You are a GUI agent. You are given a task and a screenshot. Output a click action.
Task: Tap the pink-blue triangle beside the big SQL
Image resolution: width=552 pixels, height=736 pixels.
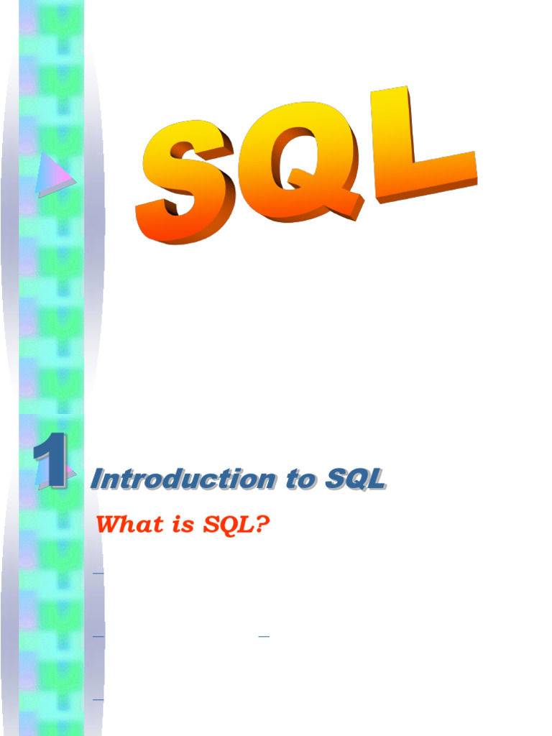[54, 175]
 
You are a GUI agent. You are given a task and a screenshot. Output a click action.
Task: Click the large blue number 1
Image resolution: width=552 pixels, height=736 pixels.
[51, 461]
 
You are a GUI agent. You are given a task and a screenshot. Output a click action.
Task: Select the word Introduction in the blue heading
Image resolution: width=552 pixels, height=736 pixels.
[183, 479]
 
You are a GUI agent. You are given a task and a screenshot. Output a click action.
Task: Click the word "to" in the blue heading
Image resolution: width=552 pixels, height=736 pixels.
[301, 479]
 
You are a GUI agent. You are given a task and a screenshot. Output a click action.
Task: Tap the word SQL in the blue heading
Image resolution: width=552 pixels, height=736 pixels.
[356, 479]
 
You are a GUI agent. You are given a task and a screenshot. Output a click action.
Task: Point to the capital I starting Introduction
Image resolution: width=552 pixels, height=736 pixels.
[98, 479]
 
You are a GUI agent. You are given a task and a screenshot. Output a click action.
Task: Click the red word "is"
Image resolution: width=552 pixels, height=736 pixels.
[183, 525]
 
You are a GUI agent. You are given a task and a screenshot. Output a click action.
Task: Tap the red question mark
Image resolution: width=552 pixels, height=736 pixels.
[263, 524]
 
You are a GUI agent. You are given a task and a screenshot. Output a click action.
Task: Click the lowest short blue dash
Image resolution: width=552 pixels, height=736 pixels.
[98, 700]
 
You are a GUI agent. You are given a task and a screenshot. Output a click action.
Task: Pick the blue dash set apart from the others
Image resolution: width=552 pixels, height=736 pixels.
[264, 637]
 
